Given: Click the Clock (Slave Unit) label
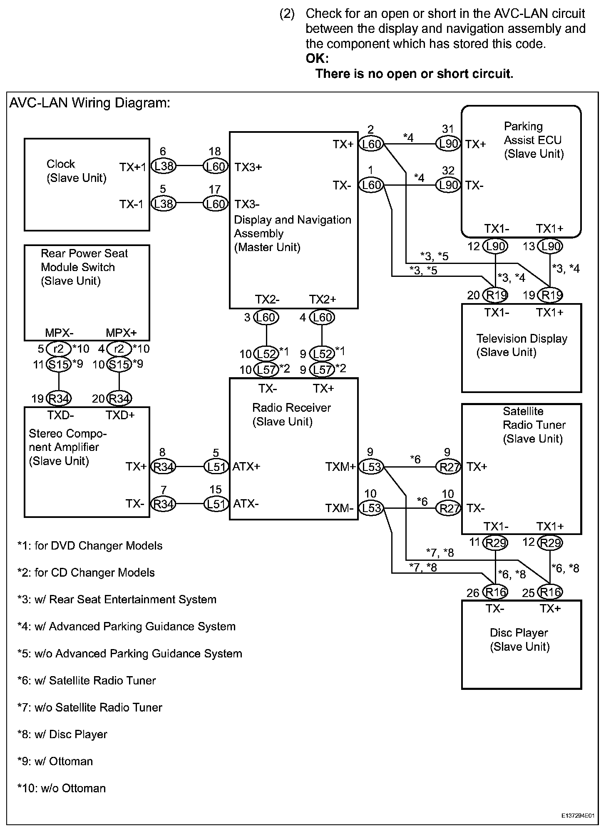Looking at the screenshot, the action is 77,171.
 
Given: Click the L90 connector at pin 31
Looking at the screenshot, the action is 448,144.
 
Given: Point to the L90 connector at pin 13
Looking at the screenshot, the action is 550,246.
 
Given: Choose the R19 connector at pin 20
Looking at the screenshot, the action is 495,295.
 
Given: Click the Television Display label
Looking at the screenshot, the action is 522,338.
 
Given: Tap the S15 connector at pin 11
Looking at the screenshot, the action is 58,364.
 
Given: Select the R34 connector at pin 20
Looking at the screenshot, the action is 119,398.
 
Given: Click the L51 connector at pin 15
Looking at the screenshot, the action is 216,504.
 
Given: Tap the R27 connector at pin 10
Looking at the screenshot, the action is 448,508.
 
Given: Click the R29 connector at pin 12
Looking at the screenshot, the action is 550,542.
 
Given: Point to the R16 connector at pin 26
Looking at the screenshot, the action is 495,592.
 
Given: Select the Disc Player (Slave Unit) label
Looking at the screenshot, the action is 519,639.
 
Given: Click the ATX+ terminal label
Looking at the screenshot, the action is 246,467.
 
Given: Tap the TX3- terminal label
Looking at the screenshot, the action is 247,204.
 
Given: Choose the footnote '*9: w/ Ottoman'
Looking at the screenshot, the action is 55,761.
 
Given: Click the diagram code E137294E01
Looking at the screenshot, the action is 578,816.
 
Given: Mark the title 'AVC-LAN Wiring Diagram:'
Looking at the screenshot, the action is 90,103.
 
